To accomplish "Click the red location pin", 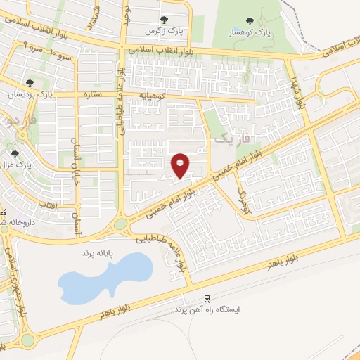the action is [181, 165].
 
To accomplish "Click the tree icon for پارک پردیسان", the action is [29, 83].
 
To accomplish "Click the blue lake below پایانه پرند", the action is [105, 276].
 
